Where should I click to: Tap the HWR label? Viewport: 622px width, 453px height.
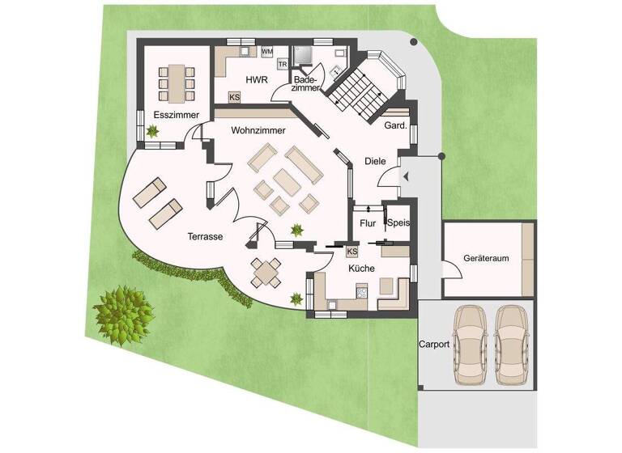coord(256,80)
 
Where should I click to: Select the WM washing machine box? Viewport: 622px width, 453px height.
coord(266,52)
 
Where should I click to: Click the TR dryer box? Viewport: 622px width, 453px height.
coord(283,63)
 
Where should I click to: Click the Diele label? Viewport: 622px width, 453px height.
coord(375,162)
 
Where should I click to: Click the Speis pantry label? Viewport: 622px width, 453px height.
coord(398,223)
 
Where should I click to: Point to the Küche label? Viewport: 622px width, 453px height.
coord(362,267)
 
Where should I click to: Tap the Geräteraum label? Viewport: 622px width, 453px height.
coord(486,258)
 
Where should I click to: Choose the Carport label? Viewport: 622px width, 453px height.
coord(434,344)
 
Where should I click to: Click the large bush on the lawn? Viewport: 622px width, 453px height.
coord(123,311)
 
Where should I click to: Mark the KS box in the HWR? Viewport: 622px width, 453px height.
coord(235,97)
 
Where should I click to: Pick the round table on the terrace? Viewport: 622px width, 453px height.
coord(266,273)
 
